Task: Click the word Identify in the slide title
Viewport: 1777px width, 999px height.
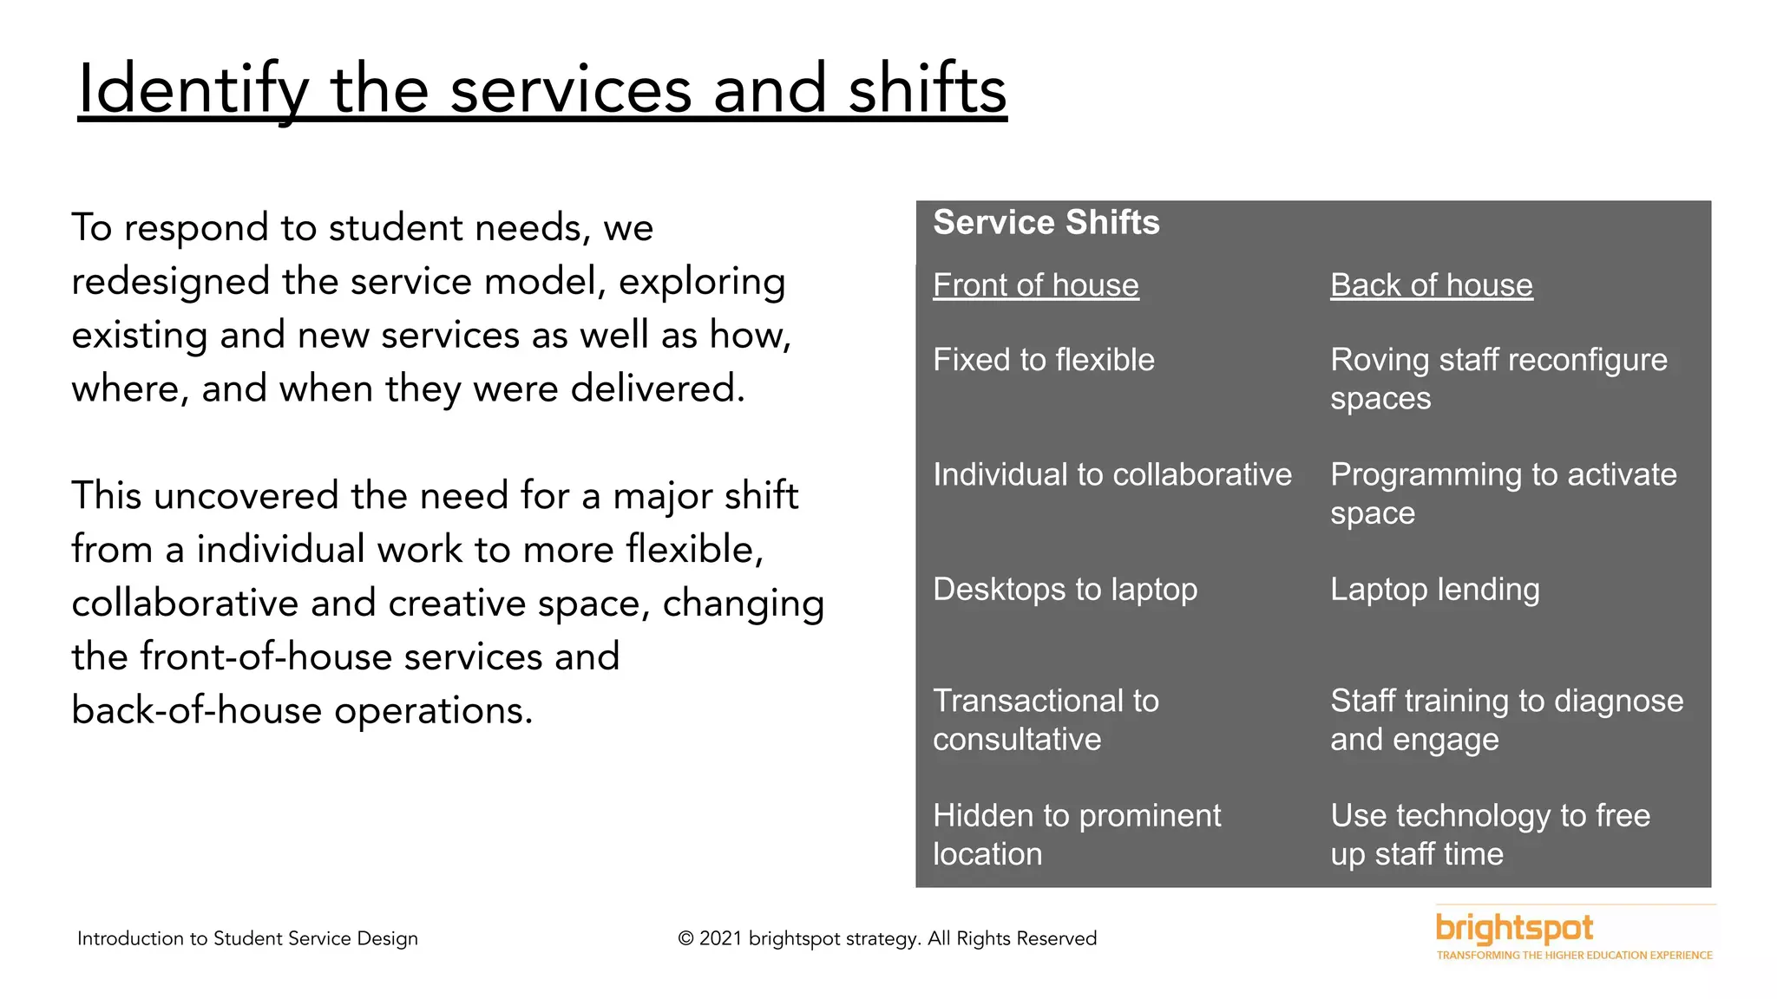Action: coord(193,89)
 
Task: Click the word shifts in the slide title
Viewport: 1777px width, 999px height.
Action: coord(927,89)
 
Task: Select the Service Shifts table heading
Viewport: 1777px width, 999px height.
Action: coord(1046,223)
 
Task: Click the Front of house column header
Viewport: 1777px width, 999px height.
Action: coord(1035,285)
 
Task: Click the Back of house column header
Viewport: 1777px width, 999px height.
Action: coord(1431,285)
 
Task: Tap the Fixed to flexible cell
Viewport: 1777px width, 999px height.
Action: coord(1043,360)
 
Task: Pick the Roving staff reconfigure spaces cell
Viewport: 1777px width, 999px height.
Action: coord(1498,379)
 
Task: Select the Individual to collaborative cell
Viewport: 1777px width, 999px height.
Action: coord(1111,474)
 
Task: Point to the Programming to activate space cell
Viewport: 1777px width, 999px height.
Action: coord(1502,493)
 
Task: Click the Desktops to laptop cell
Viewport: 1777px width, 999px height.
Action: coord(1065,590)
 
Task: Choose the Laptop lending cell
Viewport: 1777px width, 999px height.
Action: coord(1434,590)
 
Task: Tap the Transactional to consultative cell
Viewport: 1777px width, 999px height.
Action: coord(1045,720)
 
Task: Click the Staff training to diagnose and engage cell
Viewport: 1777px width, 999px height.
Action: coord(1505,720)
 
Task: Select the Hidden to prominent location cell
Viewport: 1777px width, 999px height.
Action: coord(1076,834)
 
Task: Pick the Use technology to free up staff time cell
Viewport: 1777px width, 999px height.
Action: coord(1489,834)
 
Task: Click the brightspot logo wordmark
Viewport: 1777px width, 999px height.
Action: coord(1514,929)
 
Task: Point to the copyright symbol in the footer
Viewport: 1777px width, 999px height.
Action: coord(685,939)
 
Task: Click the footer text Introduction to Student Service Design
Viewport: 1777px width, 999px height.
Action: coord(247,938)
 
